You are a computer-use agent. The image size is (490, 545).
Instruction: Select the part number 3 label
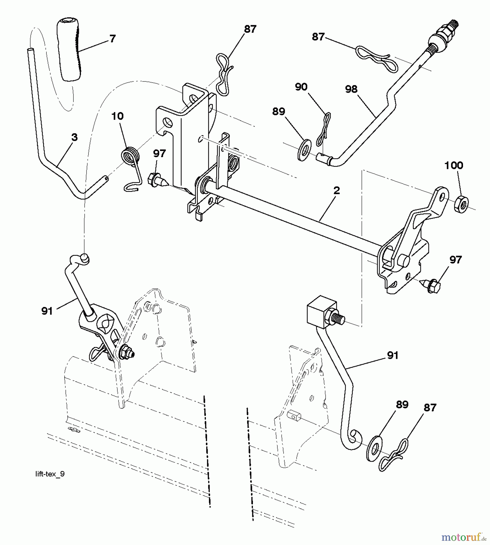coord(74,137)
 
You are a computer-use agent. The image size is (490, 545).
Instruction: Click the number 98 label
coord(351,89)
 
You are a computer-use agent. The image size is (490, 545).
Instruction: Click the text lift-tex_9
coord(50,474)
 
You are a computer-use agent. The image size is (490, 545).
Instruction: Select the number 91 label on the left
coord(47,311)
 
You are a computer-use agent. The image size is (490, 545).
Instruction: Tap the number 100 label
coord(454,165)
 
